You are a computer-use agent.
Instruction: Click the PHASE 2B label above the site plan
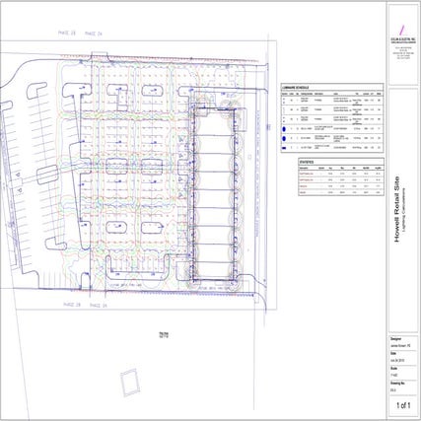click(67, 34)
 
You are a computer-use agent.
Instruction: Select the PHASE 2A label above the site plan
click(96, 34)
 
